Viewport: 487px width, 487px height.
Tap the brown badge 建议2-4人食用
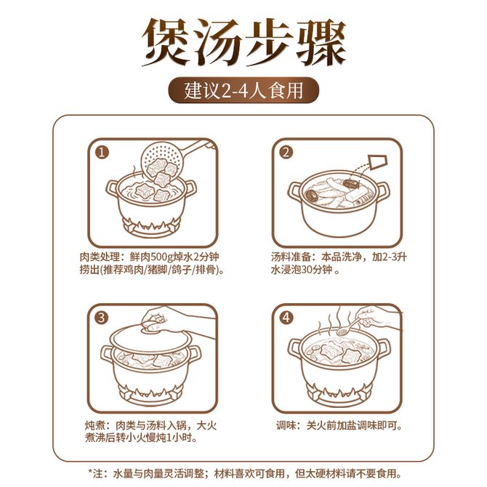coord(243,90)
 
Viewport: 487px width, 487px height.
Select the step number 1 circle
coord(102,153)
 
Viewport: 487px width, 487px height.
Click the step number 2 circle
coord(286,153)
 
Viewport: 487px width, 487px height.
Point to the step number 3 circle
coord(102,318)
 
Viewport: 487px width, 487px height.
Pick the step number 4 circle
coord(286,318)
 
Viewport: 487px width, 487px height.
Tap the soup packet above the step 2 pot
coord(378,162)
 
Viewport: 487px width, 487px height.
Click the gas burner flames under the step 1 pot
coord(151,225)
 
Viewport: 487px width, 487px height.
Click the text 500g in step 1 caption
coord(166,257)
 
